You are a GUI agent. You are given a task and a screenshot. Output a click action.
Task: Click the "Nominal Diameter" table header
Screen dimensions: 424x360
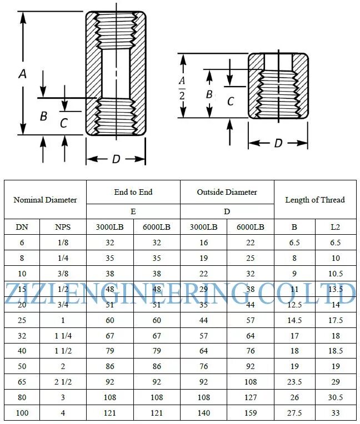click(x=45, y=200)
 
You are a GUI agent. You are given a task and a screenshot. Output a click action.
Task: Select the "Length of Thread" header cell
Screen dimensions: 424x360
click(x=314, y=200)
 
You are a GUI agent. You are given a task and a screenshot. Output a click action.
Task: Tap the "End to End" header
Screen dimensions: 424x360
click(x=133, y=192)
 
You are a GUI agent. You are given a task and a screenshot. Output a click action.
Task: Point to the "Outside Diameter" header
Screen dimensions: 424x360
click(x=227, y=192)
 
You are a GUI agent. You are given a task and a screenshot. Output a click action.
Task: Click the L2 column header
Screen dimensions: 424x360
click(x=336, y=227)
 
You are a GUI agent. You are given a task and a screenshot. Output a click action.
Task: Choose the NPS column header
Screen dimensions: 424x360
click(x=63, y=227)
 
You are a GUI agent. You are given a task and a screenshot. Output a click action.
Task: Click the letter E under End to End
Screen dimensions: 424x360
click(x=133, y=211)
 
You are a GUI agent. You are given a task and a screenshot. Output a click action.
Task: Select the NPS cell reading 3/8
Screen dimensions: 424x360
click(x=63, y=274)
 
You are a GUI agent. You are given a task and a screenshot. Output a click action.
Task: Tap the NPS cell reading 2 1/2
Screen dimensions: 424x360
click(x=63, y=382)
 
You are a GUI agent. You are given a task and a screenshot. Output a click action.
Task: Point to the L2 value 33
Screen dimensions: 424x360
click(x=336, y=413)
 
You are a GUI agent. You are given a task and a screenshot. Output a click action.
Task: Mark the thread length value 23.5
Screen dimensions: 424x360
click(x=294, y=382)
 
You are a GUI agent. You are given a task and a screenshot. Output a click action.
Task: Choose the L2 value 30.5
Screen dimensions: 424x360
click(x=336, y=397)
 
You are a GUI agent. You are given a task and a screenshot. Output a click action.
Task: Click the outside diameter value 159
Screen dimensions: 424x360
click(x=251, y=413)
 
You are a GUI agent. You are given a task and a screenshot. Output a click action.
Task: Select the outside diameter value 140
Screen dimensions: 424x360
click(x=203, y=413)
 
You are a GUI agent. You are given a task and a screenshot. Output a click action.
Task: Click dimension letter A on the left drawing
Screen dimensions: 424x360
click(x=23, y=74)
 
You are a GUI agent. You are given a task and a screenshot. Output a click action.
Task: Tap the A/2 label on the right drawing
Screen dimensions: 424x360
click(x=182, y=88)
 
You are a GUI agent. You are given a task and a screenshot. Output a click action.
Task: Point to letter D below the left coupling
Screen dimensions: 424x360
click(x=116, y=159)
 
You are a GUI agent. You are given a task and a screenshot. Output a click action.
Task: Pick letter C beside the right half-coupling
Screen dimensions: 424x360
click(x=231, y=102)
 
